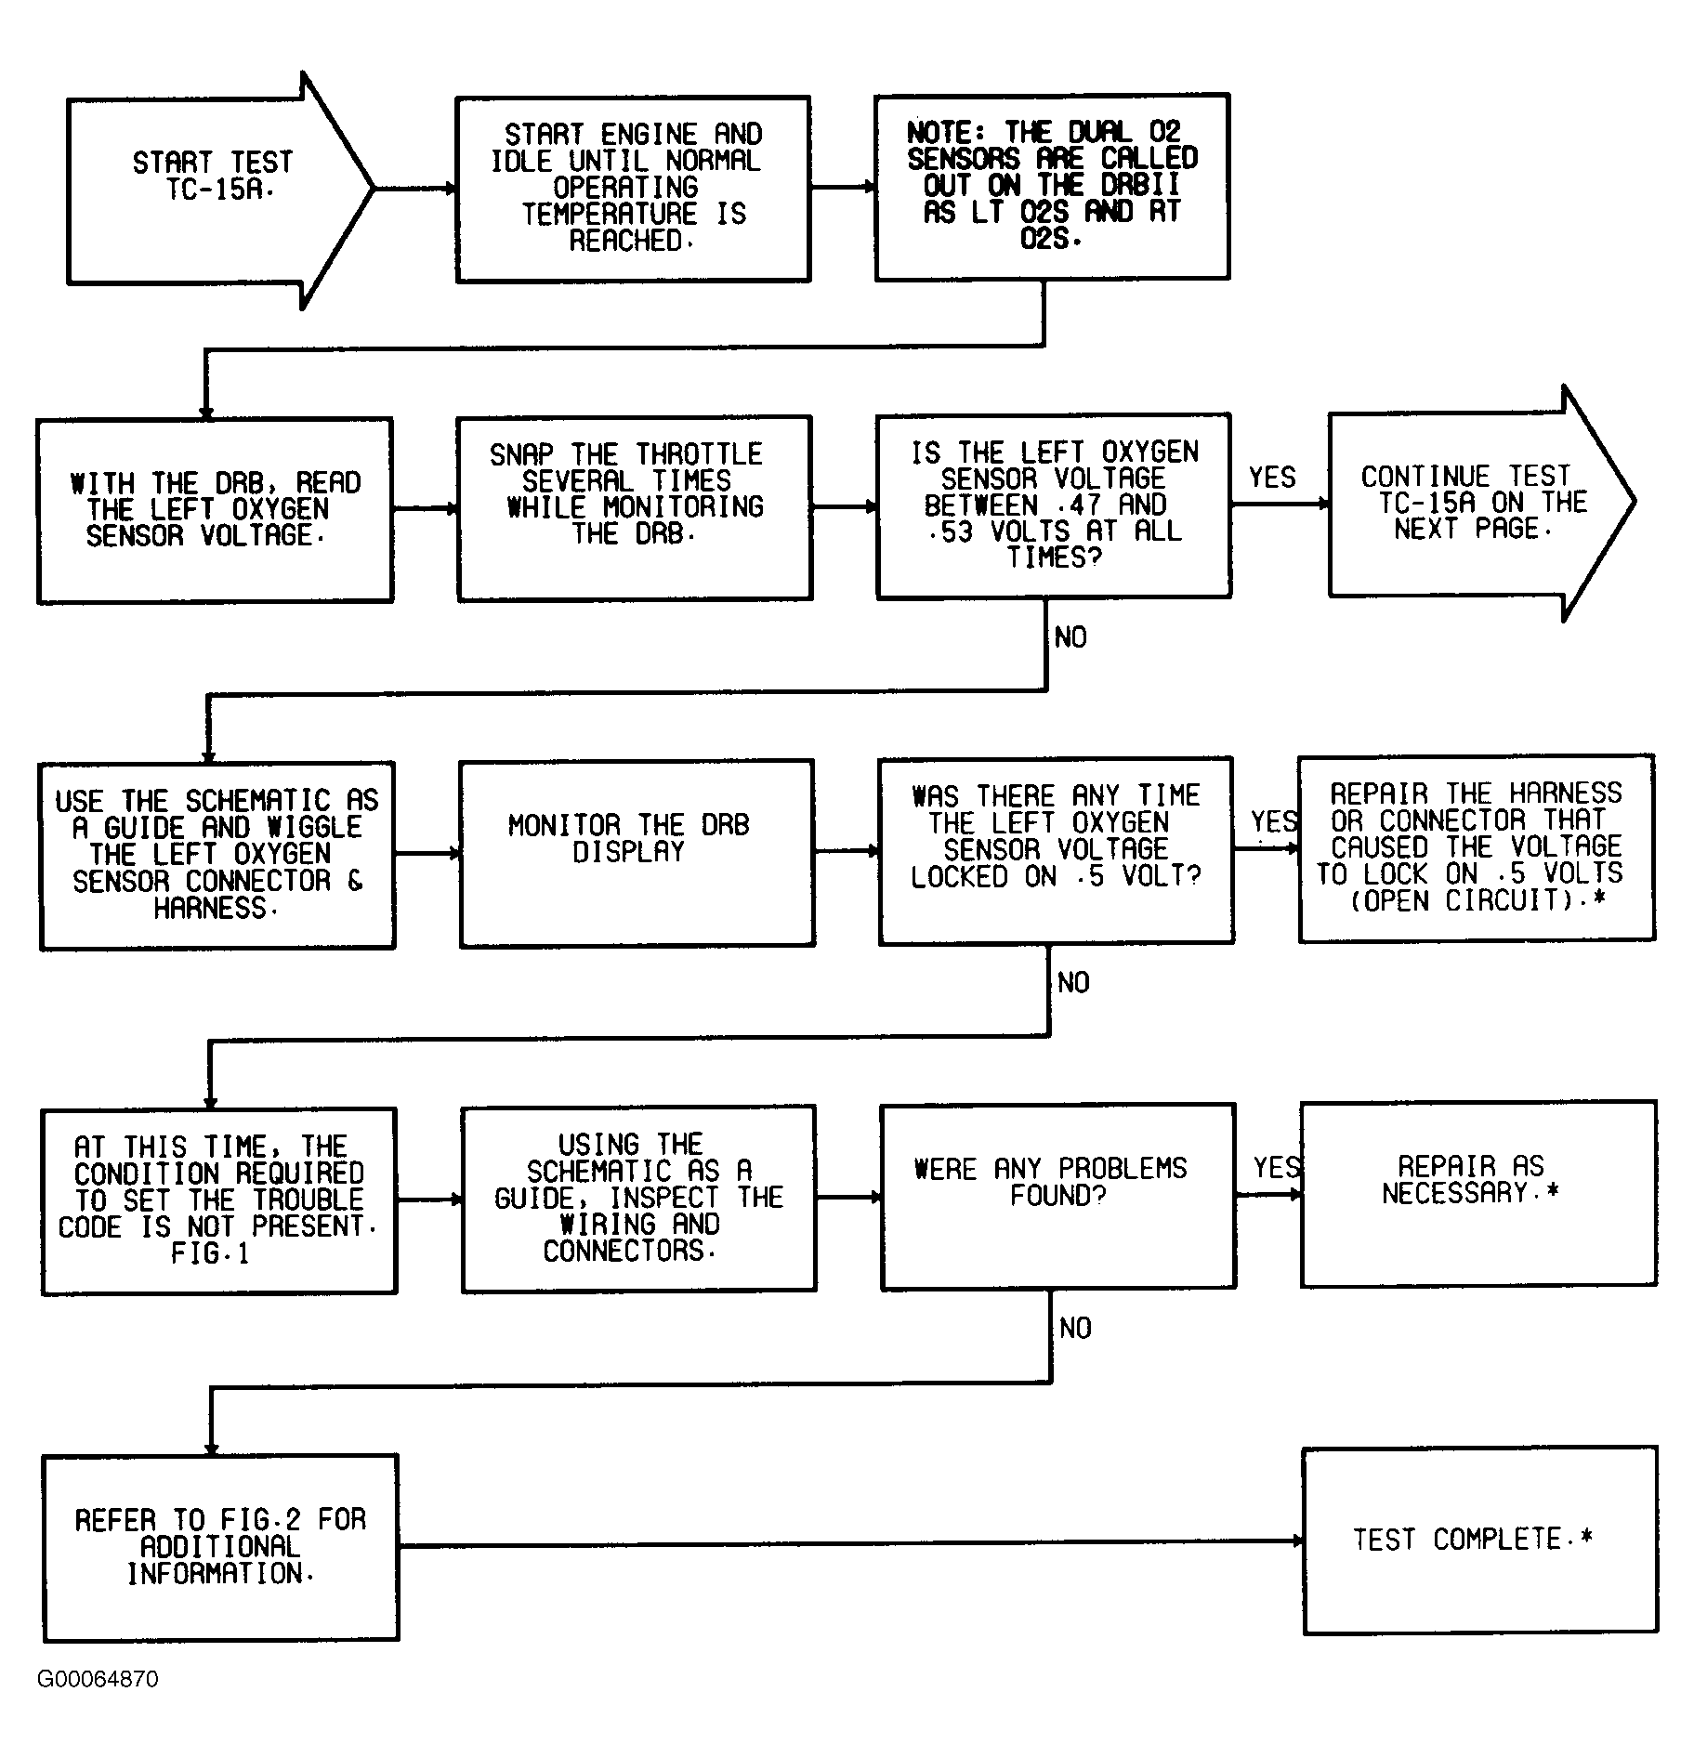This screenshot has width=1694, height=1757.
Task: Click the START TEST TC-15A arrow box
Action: point(214,190)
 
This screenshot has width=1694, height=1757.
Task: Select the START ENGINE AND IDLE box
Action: point(632,189)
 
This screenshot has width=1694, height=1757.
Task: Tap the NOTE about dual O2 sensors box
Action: point(1052,187)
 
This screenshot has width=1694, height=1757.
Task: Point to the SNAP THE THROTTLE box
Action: point(635,507)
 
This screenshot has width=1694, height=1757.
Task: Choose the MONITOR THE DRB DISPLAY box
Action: point(637,853)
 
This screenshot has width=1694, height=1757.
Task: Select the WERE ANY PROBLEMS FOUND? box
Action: point(1057,1196)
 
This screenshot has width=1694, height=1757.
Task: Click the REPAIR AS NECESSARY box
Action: point(1477,1194)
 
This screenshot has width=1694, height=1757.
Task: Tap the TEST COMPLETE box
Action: point(1479,1540)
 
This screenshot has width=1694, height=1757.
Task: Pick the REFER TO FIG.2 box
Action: point(220,1547)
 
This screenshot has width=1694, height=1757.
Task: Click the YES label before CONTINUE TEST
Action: point(1271,478)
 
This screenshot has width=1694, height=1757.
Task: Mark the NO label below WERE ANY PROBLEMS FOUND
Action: point(1075,1329)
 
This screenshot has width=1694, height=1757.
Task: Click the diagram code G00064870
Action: point(98,1679)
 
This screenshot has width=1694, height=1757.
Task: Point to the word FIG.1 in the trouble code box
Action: point(210,1254)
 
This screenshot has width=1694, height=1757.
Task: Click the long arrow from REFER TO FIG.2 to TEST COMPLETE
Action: point(850,1543)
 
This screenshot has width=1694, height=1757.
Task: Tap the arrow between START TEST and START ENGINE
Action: point(414,189)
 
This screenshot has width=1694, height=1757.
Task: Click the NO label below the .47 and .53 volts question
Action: point(1070,637)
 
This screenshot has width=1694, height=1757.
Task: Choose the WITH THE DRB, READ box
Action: point(215,510)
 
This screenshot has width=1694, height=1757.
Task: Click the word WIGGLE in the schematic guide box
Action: point(314,827)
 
